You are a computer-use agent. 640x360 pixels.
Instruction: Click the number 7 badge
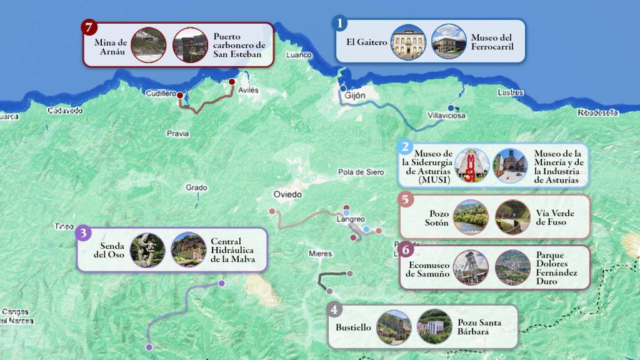tap(91, 27)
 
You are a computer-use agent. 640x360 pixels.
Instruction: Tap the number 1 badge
tap(339, 24)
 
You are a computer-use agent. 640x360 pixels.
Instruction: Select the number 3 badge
tap(84, 233)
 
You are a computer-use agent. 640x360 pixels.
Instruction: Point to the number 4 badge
tap(335, 309)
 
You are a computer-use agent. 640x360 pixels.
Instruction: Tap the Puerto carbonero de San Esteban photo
tap(191, 45)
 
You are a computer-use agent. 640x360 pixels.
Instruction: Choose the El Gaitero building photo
tap(408, 42)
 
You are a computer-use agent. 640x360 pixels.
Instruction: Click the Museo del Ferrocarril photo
tap(449, 42)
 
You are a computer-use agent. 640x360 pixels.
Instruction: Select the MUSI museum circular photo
tap(472, 166)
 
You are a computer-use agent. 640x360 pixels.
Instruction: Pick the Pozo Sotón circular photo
tap(471, 217)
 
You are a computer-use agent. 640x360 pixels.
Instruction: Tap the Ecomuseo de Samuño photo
tap(471, 267)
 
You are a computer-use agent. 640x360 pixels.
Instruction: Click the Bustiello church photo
tap(394, 327)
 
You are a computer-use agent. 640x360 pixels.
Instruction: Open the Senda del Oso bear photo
tap(148, 250)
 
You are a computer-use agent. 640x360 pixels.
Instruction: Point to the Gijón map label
tap(355, 96)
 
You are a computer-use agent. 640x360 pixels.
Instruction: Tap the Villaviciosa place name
tap(446, 116)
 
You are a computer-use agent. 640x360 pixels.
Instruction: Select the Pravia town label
tap(178, 133)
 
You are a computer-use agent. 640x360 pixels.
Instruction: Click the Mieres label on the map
tap(321, 254)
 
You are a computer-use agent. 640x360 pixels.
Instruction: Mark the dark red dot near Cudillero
tap(180, 96)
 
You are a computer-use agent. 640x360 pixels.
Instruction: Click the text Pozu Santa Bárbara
tap(479, 327)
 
